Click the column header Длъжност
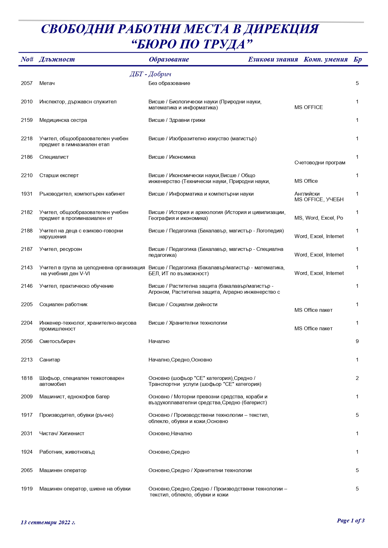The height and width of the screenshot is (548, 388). (x=57, y=59)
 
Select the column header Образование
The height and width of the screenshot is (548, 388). (x=169, y=59)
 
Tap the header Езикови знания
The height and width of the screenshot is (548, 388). (x=273, y=59)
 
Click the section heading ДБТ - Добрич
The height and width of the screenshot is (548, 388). (x=150, y=74)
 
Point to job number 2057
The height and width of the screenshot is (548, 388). (x=27, y=83)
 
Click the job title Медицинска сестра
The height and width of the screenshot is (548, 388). (x=63, y=120)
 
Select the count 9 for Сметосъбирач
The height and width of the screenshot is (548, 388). (x=357, y=341)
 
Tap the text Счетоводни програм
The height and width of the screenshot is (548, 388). (x=320, y=162)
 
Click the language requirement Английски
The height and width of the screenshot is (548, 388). (x=307, y=194)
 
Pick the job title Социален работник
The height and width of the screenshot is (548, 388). (x=63, y=304)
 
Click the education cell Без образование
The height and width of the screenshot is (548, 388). (x=169, y=83)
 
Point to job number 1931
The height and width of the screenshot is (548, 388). (x=27, y=194)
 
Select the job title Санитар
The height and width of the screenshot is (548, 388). (x=50, y=360)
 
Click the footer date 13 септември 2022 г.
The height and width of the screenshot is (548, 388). (x=48, y=522)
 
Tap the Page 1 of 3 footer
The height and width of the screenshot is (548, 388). (x=350, y=521)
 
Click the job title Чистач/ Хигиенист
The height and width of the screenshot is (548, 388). (x=62, y=433)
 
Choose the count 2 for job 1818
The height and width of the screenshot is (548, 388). (x=357, y=378)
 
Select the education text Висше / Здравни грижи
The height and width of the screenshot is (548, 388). (x=177, y=120)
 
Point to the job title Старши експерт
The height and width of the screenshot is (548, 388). (x=59, y=175)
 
